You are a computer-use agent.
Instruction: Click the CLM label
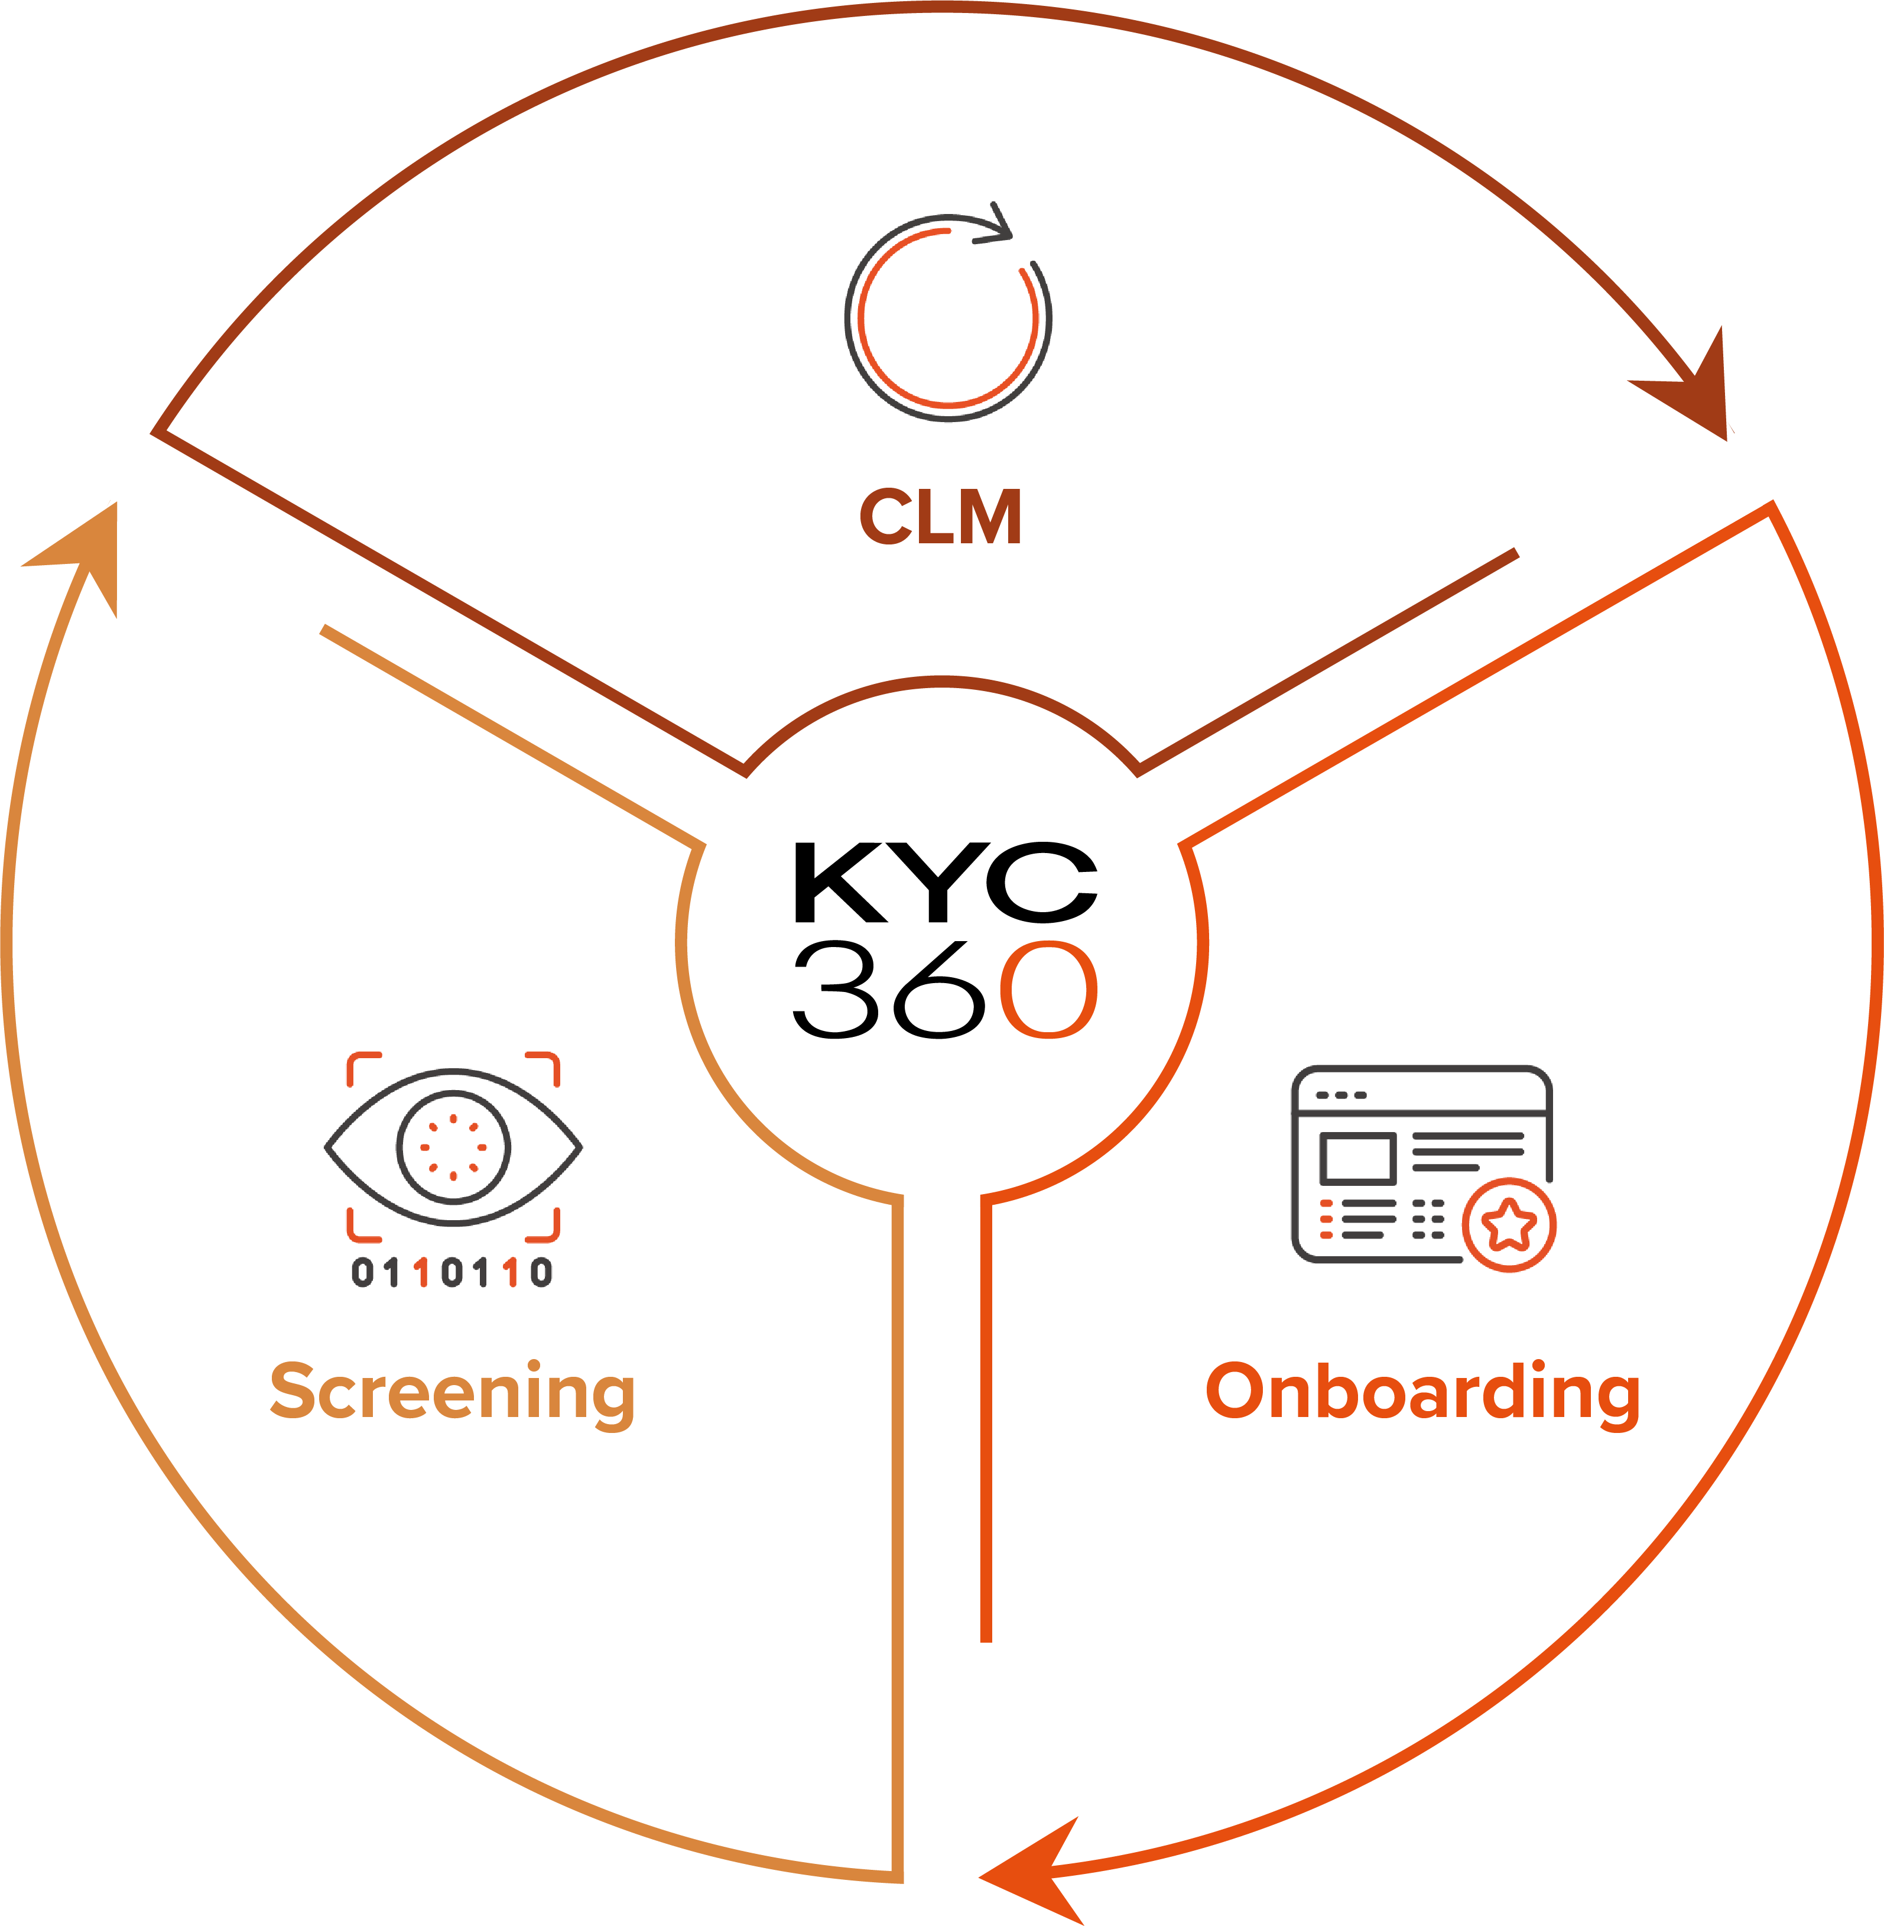pos(940,517)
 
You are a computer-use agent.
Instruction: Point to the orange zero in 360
pos(1048,990)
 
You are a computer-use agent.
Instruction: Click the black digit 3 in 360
pos(836,990)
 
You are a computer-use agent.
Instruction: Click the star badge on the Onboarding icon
pos(1509,1225)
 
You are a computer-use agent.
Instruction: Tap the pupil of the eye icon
pos(453,1147)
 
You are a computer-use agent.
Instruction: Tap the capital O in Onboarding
pos(1235,1390)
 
